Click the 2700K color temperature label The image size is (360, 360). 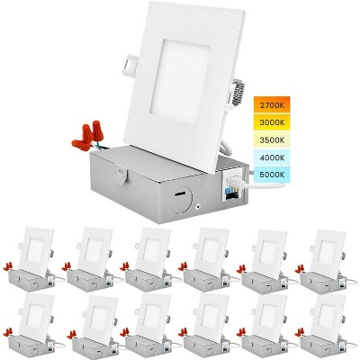tap(272, 105)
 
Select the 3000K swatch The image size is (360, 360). tap(272, 122)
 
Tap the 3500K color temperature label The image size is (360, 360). tap(272, 139)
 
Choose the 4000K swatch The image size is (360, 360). tap(272, 157)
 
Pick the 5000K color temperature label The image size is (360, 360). tap(272, 175)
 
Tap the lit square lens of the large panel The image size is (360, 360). tap(179, 81)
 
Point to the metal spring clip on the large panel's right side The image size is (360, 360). tap(238, 92)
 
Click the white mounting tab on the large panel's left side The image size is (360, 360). tap(130, 65)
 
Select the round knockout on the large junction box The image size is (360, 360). tap(183, 201)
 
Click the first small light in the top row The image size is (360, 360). tap(32, 260)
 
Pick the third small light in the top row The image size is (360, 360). tap(149, 260)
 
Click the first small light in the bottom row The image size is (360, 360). tap(33, 326)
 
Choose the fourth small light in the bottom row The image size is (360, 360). tap(208, 326)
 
